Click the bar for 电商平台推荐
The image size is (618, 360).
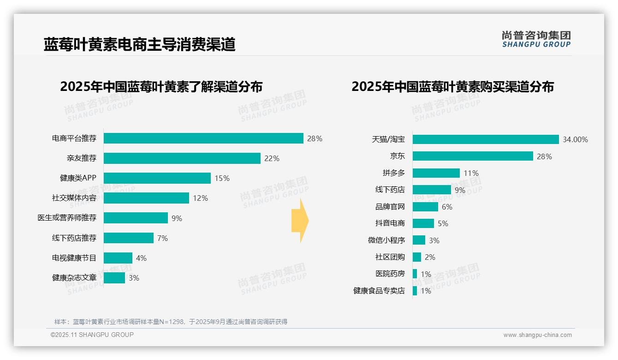(x=203, y=138)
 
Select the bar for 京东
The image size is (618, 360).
(x=473, y=156)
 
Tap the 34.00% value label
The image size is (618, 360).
(x=575, y=139)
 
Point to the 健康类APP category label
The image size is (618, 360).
(x=78, y=178)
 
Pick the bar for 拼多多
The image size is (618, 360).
(x=436, y=173)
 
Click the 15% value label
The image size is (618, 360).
(x=222, y=178)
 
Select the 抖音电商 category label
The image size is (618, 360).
(x=390, y=223)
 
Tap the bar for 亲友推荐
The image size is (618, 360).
(x=182, y=158)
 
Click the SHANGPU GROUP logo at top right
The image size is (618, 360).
(x=536, y=39)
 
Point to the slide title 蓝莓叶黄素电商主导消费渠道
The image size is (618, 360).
(x=139, y=45)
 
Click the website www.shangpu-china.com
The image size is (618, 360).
(x=537, y=335)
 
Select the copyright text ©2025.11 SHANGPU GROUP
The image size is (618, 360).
(x=92, y=335)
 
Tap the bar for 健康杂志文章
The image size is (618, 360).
(x=114, y=278)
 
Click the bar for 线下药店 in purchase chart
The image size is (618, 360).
(x=432, y=190)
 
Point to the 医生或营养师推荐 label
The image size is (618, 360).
(x=67, y=218)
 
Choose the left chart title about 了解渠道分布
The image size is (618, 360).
(x=161, y=87)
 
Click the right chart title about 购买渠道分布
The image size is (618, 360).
(x=452, y=87)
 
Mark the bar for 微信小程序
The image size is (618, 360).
(x=419, y=240)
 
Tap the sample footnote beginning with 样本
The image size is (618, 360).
(x=171, y=322)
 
